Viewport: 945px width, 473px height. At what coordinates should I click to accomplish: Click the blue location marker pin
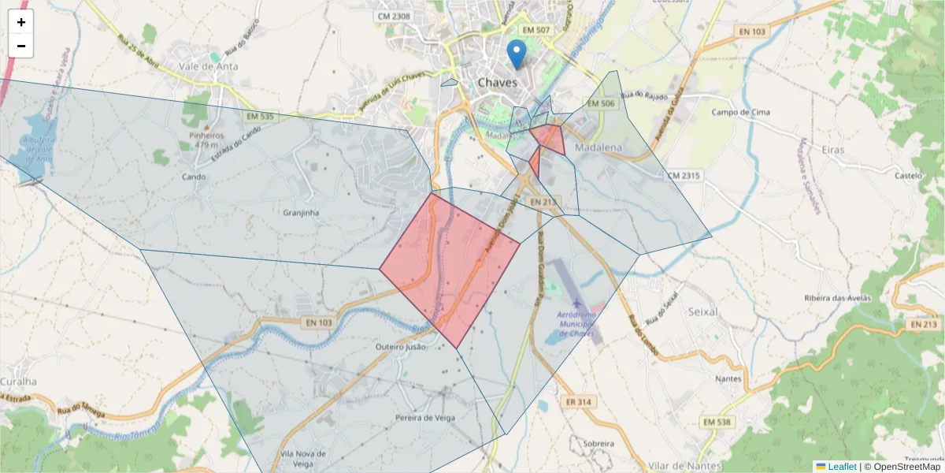pos(516,54)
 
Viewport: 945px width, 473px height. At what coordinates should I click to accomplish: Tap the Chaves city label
pos(498,82)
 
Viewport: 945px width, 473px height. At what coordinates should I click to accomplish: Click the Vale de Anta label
pos(208,67)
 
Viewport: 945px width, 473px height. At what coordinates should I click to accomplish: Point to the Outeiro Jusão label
pos(401,347)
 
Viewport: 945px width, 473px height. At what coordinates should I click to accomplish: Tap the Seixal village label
pos(702,311)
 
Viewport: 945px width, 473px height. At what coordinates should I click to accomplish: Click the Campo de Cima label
pos(739,112)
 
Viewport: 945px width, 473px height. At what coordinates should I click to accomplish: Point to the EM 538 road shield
pos(717,423)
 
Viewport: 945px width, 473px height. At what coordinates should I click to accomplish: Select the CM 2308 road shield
pos(394,16)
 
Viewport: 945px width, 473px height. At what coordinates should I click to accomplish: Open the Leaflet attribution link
pos(842,467)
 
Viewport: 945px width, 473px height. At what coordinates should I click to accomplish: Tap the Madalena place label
pos(598,148)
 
